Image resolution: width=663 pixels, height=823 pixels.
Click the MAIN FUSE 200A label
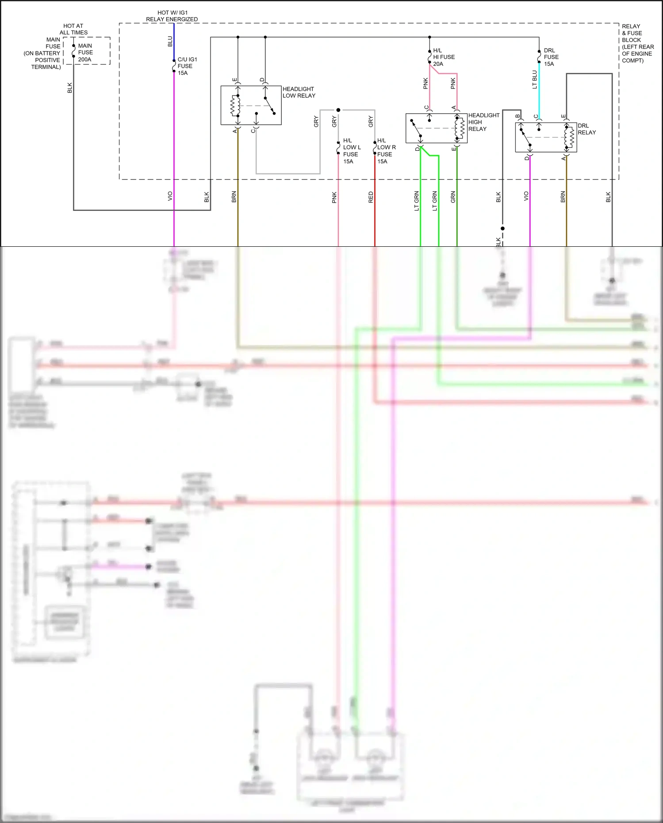[x=85, y=53]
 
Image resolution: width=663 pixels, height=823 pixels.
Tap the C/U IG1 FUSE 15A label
[x=187, y=66]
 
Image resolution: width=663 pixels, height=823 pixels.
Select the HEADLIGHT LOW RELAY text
[x=299, y=92]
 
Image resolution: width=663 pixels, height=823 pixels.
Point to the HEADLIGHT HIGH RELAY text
[x=483, y=122]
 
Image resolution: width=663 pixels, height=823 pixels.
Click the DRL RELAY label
[x=586, y=129]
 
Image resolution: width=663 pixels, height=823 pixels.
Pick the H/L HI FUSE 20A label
[x=443, y=57]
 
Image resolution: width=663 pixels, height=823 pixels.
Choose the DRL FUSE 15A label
[x=551, y=57]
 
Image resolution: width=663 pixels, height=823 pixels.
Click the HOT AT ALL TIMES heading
[x=73, y=29]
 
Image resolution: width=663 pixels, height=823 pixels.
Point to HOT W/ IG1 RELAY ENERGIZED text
[x=172, y=16]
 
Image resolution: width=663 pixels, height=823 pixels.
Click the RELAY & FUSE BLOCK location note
[x=637, y=43]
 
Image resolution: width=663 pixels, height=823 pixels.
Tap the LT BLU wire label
[x=534, y=80]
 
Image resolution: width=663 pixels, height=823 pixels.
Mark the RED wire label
[x=371, y=197]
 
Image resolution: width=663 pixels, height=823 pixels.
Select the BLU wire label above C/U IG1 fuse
[x=170, y=42]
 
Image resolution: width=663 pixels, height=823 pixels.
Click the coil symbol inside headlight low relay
[x=234, y=106]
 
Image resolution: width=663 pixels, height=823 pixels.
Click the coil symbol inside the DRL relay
[x=570, y=138]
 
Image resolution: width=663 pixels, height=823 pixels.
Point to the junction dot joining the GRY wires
[x=338, y=110]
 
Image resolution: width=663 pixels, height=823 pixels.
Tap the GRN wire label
[x=453, y=197]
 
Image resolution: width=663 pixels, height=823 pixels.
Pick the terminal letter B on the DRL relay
[x=517, y=116]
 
